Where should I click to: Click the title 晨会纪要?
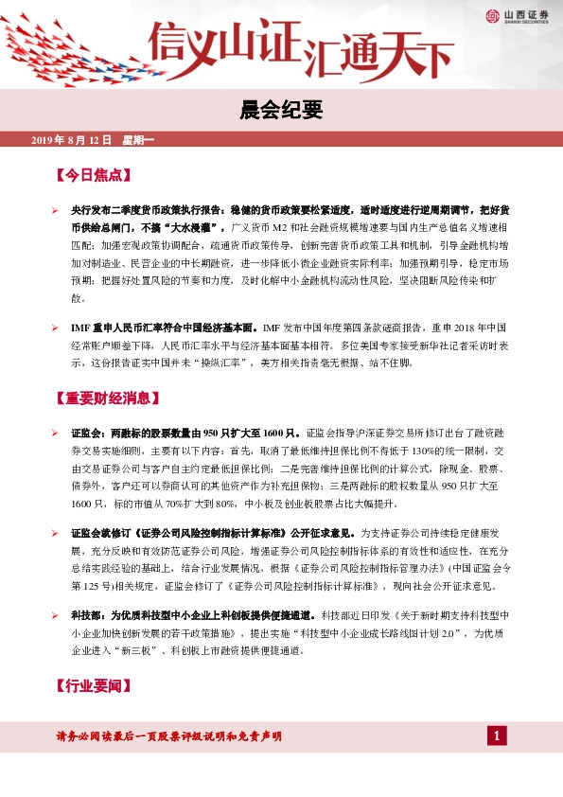tap(281, 111)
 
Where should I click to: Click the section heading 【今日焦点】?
tap(92, 176)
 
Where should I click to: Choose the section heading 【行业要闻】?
tap(92, 684)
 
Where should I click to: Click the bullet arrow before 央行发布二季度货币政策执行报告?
tap(56, 208)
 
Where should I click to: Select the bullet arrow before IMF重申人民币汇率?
tap(56, 327)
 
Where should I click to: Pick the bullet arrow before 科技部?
tap(56, 615)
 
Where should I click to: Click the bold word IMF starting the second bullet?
tap(80, 327)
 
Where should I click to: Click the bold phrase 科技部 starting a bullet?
tap(87, 615)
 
